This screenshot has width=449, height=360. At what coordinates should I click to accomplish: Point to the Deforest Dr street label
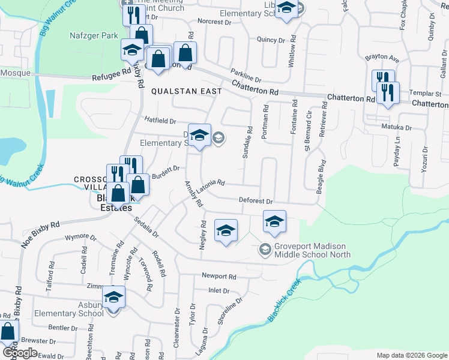[x=256, y=202]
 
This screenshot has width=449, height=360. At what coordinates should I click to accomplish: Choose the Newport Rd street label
[x=219, y=277]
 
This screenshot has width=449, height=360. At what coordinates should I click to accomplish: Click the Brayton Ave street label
[x=382, y=59]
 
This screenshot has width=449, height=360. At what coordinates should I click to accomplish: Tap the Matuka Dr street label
[x=396, y=127]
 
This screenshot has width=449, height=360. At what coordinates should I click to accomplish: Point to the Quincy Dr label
[x=270, y=40]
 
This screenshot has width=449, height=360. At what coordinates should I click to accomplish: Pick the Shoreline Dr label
[x=230, y=311]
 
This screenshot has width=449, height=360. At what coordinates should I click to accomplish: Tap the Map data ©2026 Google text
[x=411, y=355]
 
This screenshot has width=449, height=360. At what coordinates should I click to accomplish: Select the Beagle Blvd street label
[x=322, y=175]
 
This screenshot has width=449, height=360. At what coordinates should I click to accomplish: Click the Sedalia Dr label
[x=146, y=229]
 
